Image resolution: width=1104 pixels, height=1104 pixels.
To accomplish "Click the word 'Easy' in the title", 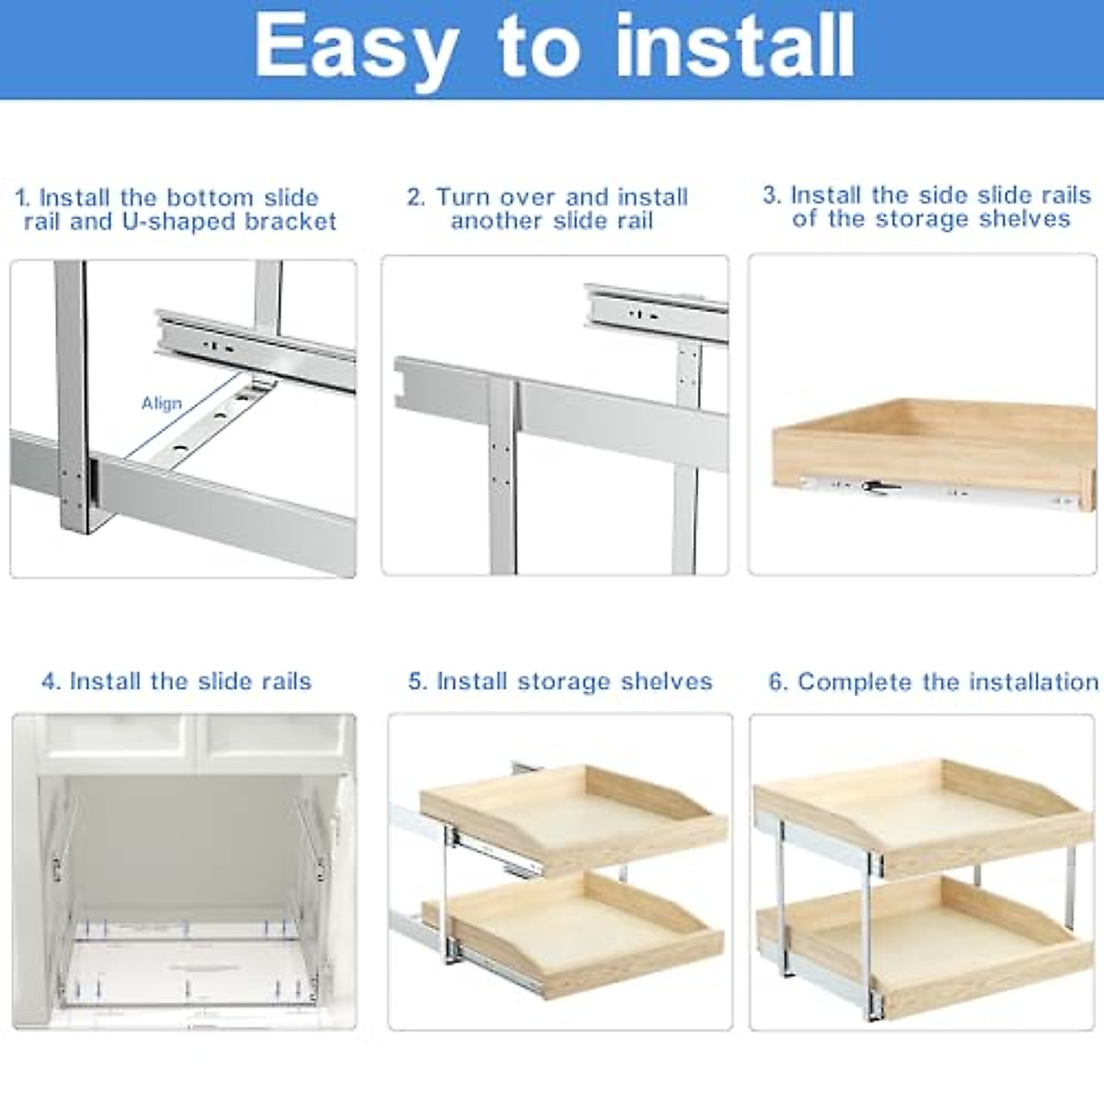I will click(x=355, y=46).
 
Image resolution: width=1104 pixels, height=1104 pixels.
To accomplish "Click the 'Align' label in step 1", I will click(x=161, y=403).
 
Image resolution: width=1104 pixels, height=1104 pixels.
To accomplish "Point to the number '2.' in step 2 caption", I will click(x=416, y=197).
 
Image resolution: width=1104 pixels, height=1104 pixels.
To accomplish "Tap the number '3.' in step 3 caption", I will click(x=772, y=195).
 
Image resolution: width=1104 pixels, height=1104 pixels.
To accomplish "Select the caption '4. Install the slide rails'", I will click(x=177, y=681).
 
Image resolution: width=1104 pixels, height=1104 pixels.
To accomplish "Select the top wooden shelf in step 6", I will click(x=920, y=810).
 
